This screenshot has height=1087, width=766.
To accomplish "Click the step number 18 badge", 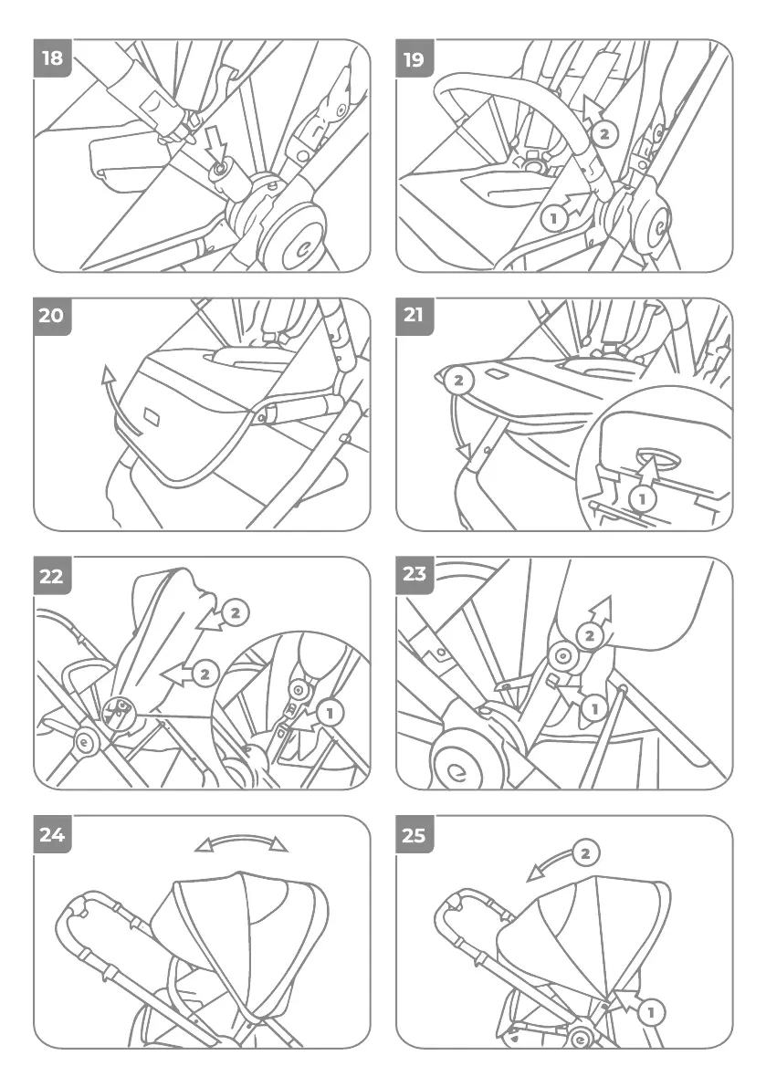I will [x=53, y=59].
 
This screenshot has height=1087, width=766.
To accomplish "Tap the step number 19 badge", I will [x=414, y=59].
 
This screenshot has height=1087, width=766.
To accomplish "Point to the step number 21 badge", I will [x=414, y=316].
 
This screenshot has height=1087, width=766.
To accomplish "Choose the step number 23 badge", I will [x=414, y=575].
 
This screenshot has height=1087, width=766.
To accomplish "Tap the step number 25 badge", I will [x=414, y=834].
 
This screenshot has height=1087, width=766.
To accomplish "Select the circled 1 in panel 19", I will [x=551, y=218].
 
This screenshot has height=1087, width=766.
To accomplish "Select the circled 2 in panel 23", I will [x=592, y=633].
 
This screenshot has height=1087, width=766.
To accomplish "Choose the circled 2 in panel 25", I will [x=586, y=853].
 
